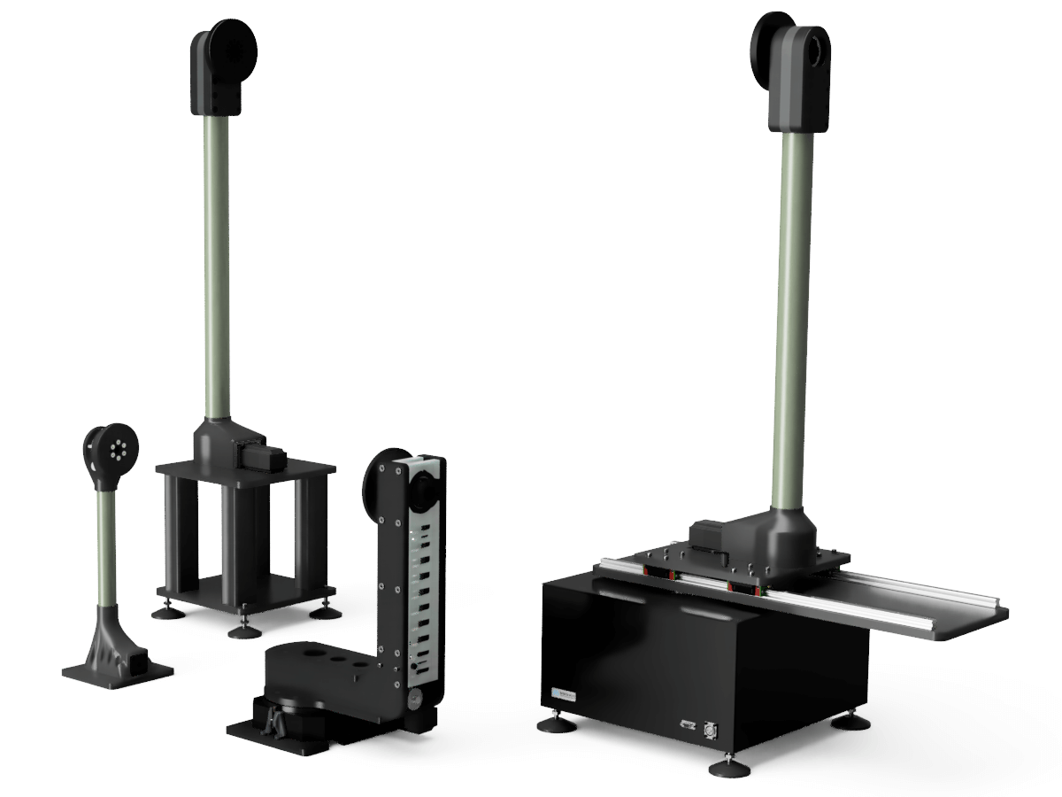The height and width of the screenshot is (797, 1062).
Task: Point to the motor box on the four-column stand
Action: click(x=260, y=457)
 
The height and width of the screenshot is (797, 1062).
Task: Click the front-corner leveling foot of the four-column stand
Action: click(x=243, y=628)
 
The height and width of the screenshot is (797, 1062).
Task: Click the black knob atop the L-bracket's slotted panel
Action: click(x=421, y=486)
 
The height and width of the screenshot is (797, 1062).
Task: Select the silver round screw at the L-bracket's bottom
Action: click(x=411, y=705)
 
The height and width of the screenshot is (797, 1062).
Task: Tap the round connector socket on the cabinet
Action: click(x=710, y=731)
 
